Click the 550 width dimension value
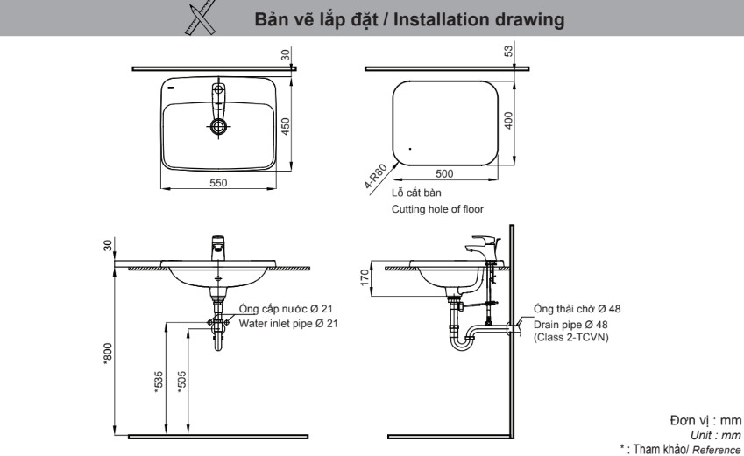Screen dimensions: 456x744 [x=218, y=182]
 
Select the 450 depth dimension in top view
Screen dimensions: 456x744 [x=286, y=127]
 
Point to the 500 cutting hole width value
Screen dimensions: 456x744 [x=445, y=173]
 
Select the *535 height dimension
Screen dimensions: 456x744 [x=159, y=381]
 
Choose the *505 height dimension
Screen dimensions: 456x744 [x=181, y=381]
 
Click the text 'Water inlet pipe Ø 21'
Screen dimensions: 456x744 [x=288, y=323]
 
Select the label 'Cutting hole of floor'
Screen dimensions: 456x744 [x=436, y=209]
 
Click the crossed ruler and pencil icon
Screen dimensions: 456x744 [x=202, y=18]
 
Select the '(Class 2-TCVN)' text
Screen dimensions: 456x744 [x=570, y=337]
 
